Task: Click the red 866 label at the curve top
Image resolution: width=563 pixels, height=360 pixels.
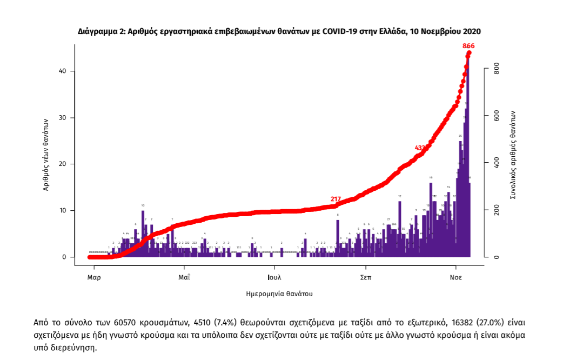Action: (x=468, y=46)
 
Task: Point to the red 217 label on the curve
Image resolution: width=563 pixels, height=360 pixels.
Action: (x=336, y=199)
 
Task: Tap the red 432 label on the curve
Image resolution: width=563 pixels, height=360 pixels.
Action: (x=420, y=148)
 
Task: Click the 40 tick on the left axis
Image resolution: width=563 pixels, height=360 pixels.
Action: (x=63, y=71)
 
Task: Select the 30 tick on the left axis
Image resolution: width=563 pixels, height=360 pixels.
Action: (x=63, y=118)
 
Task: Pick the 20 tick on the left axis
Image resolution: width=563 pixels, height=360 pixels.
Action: (x=63, y=164)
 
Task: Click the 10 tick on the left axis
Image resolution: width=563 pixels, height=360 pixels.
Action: (x=63, y=210)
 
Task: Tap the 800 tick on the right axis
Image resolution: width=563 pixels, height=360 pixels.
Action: (x=497, y=70)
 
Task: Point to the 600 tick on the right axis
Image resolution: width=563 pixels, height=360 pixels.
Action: (x=497, y=116)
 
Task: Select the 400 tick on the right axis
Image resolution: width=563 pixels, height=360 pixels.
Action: (x=497, y=163)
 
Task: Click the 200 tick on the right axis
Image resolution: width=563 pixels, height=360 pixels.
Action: (x=497, y=210)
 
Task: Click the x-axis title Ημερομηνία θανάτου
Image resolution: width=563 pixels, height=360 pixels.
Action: (x=279, y=294)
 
